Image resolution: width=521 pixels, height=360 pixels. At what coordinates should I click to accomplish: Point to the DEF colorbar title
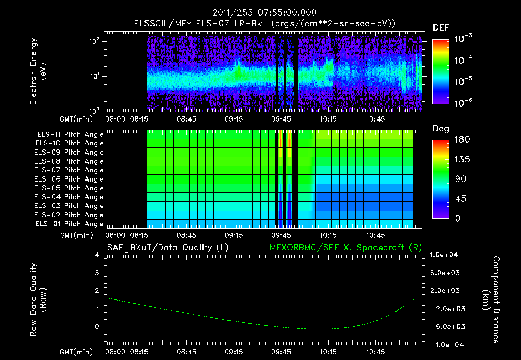pyautogui.click(x=441, y=27)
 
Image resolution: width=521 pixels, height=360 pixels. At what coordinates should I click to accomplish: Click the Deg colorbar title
pyautogui.click(x=441, y=129)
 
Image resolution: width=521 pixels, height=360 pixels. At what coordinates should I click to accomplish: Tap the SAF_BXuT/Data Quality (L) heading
pyautogui.click(x=167, y=248)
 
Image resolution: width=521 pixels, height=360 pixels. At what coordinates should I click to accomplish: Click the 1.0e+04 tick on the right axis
pyautogui.click(x=445, y=255)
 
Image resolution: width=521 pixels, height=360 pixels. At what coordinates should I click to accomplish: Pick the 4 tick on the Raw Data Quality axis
pyautogui.click(x=97, y=255)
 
